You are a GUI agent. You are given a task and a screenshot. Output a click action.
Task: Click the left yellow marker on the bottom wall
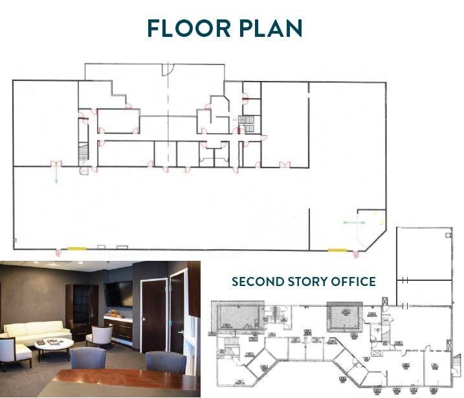coord(77,249)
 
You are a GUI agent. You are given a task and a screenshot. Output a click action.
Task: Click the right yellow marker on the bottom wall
coord(337,250)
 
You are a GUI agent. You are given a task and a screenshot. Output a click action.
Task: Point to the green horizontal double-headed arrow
coord(354,223)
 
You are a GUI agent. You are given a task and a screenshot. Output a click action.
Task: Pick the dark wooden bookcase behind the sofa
coord(82,311)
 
